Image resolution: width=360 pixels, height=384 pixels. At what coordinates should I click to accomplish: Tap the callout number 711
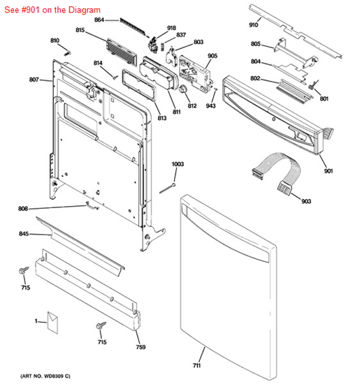[x=197, y=365]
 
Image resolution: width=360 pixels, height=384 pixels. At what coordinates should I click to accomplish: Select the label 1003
[x=178, y=164]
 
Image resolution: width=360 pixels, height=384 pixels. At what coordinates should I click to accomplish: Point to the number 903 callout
[x=305, y=201]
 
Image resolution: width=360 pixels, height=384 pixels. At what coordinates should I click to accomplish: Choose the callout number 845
[x=24, y=234]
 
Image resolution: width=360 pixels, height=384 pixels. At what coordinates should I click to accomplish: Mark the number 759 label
[x=141, y=347]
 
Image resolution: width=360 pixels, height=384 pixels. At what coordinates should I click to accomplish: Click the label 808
[x=23, y=209]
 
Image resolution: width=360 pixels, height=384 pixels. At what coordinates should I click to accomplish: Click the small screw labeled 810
[x=65, y=51]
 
